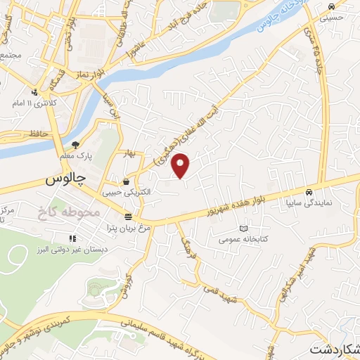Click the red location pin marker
click(x=182, y=165)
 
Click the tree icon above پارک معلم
click(x=84, y=145)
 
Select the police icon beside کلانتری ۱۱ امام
click(x=34, y=92)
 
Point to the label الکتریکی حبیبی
click(x=120, y=191)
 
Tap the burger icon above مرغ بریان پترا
click(x=127, y=217)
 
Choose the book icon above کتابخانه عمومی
click(x=244, y=229)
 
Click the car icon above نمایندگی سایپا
click(x=308, y=191)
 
